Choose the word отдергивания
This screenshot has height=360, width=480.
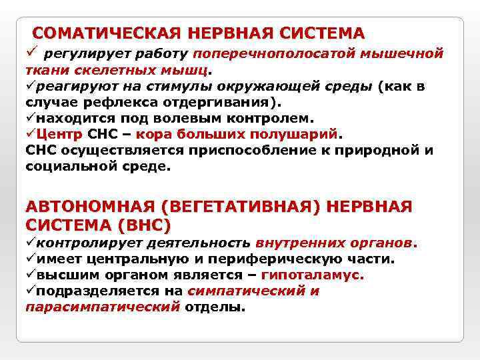coord(219,102)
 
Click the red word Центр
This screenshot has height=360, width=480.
coord(57,135)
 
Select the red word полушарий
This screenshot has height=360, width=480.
coord(299,135)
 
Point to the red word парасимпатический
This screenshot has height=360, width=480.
coord(103,307)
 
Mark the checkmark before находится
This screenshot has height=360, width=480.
coord(31,119)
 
